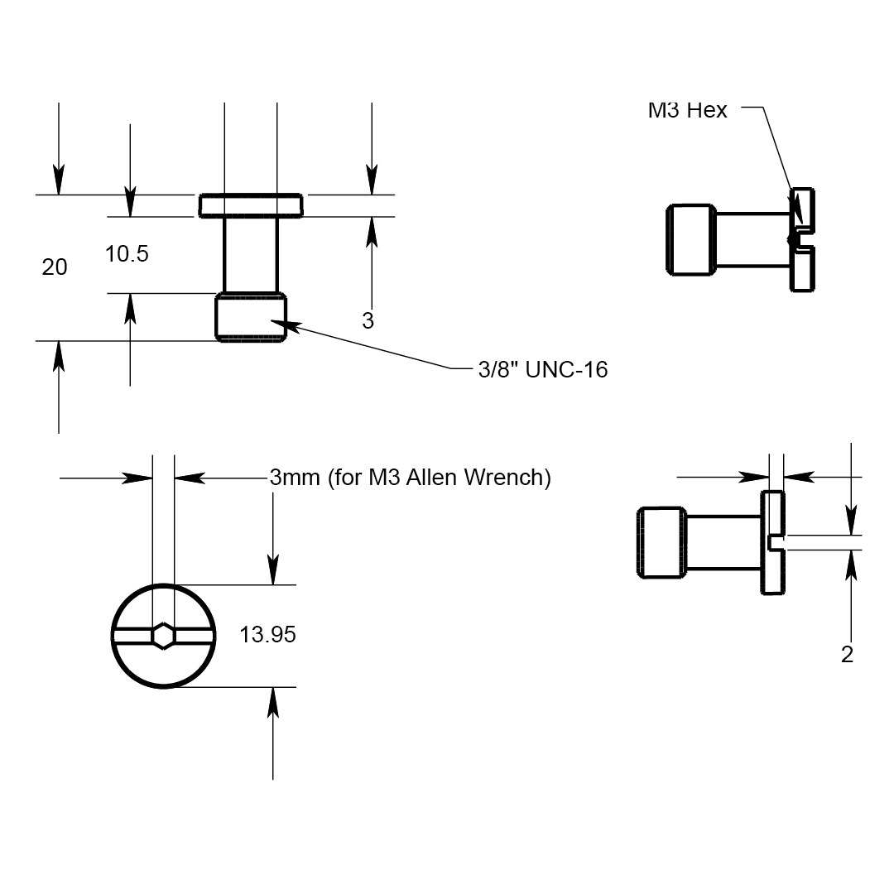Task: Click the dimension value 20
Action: click(55, 267)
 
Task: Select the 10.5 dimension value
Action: click(127, 254)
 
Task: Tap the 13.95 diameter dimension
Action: click(267, 635)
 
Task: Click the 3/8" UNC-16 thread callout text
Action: click(542, 369)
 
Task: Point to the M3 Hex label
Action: click(687, 110)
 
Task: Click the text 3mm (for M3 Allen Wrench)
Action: click(410, 478)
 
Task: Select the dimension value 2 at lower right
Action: click(847, 655)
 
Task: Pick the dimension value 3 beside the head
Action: click(368, 321)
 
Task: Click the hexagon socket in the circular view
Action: click(164, 635)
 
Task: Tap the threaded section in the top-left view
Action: click(251, 317)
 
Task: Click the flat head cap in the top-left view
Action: click(251, 204)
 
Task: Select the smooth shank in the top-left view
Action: click(251, 254)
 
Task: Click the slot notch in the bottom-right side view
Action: click(774, 542)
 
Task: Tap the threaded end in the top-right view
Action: click(691, 239)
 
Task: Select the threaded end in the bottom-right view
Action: click(661, 542)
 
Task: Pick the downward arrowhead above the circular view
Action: click(273, 570)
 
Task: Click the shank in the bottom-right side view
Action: click(723, 542)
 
